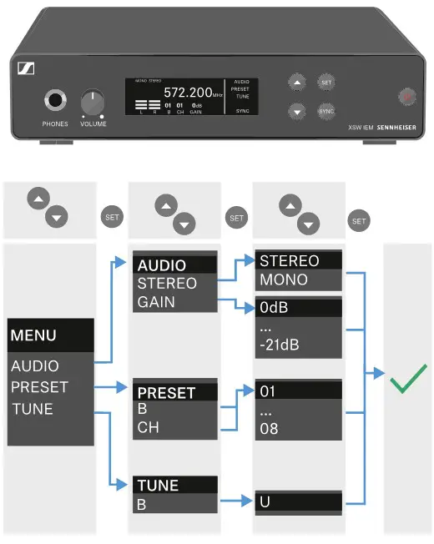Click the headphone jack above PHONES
[56, 101]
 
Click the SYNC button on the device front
[325, 110]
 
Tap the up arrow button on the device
[297, 82]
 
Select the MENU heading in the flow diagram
[33, 335]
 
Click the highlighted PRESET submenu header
[166, 392]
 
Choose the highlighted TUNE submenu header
[159, 486]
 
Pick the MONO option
[284, 280]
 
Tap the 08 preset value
[270, 429]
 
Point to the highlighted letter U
[266, 503]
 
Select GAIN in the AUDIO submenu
[157, 302]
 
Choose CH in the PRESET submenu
[148, 429]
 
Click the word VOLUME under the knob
[93, 123]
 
